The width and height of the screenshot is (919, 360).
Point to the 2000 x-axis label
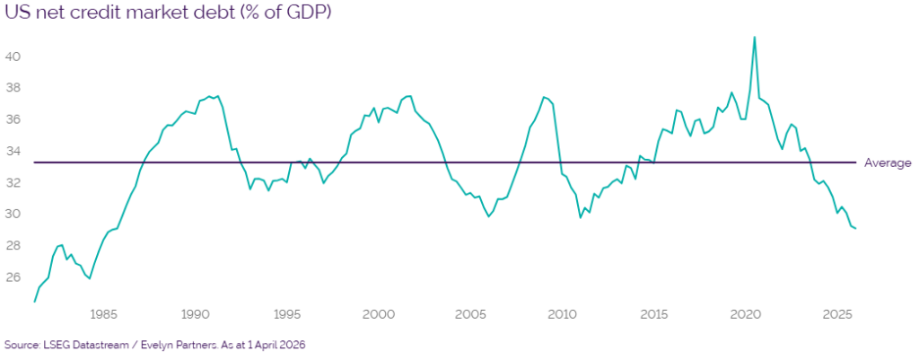click(379, 314)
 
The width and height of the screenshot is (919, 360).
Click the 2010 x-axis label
click(562, 314)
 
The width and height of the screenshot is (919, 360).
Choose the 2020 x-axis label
click(746, 314)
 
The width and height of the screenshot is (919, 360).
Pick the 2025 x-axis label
click(837, 314)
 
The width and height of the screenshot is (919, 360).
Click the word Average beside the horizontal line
click(887, 162)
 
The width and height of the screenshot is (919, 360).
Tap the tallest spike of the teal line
click(754, 37)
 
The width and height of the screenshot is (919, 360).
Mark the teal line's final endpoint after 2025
click(855, 229)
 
